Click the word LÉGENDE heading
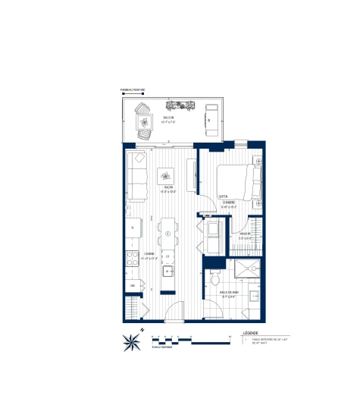tap(251, 332)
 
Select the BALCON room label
tap(167, 118)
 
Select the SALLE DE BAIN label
tap(229, 292)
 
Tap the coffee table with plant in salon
tap(167, 177)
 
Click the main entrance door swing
tap(174, 312)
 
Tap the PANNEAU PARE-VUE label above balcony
tap(132, 90)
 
